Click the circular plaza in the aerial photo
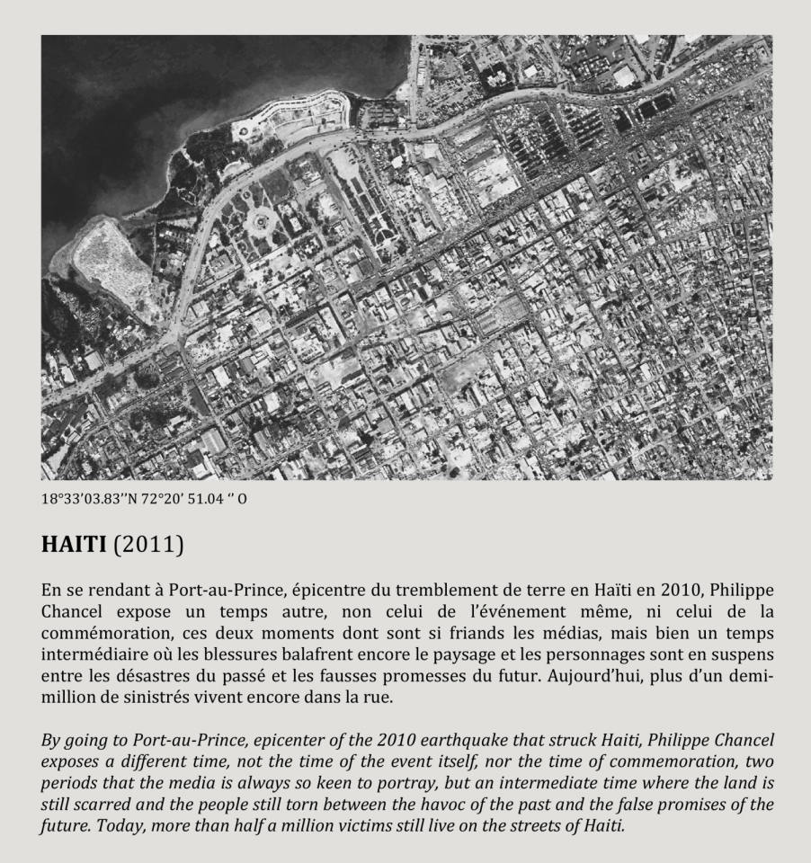[260, 218]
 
